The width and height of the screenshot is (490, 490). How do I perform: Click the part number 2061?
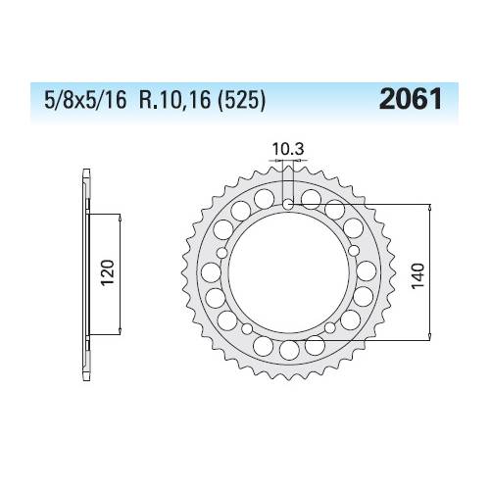coord(411,99)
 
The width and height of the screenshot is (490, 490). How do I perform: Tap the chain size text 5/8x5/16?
coord(85,99)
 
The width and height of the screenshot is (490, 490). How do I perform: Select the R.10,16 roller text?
coord(174,99)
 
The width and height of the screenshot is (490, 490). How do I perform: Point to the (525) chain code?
coord(241,99)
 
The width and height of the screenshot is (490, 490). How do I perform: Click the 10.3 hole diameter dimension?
coord(288,150)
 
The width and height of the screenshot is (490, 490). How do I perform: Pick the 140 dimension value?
coord(418,275)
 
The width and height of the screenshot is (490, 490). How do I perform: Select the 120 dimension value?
coord(108,272)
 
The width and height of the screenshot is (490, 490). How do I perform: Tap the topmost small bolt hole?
coord(288,205)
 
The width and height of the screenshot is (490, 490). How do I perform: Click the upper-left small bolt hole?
coord(221,253)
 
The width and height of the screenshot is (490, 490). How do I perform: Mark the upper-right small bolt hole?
coord(354,251)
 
